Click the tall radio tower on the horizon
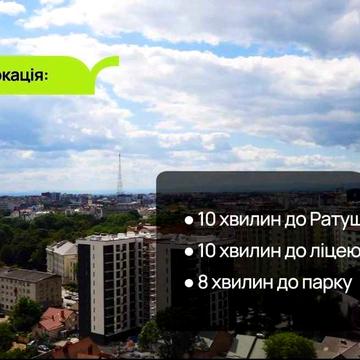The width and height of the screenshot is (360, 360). pos(120,175)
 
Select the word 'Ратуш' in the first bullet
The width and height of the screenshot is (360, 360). pos(325,219)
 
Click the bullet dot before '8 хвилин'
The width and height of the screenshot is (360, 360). pos(188,283)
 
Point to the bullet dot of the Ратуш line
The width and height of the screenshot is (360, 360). pos(188,219)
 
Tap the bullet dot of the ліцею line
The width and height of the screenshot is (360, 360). pos(188,251)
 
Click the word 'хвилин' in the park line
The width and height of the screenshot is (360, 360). pos(239,283)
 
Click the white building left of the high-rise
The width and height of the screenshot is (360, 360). pos(61,260)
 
